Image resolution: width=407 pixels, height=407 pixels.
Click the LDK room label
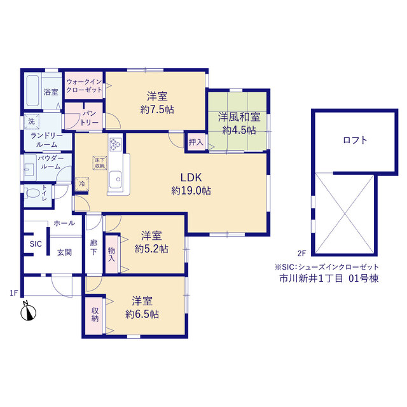coord(191,177)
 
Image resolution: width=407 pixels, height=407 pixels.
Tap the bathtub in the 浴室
coord(32,90)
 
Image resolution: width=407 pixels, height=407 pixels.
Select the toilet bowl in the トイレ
coord(32,193)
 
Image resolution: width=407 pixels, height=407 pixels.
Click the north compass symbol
coord(28,311)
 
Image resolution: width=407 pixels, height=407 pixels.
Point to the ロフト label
coord(355,140)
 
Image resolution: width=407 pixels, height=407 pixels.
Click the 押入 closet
coord(196,142)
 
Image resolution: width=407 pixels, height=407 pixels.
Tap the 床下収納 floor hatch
coord(100,163)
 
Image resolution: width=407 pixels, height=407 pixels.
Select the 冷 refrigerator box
coord(82,184)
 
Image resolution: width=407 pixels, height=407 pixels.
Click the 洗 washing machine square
coord(32,121)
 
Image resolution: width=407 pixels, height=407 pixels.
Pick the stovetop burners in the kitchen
coord(116,144)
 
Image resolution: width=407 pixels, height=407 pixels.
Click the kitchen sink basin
coord(116,179)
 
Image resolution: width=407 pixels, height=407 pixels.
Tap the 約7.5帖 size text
coord(157,109)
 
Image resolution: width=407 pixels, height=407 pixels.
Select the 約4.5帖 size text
coord(239,130)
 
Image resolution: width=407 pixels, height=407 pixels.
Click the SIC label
coord(36,244)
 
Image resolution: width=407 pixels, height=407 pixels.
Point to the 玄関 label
coord(64,252)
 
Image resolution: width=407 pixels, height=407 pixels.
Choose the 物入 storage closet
coord(112,254)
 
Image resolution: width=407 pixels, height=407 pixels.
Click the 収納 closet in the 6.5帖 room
coord(94,315)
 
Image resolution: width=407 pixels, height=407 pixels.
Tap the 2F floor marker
coord(302,253)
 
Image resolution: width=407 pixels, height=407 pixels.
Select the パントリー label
coord(89,118)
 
